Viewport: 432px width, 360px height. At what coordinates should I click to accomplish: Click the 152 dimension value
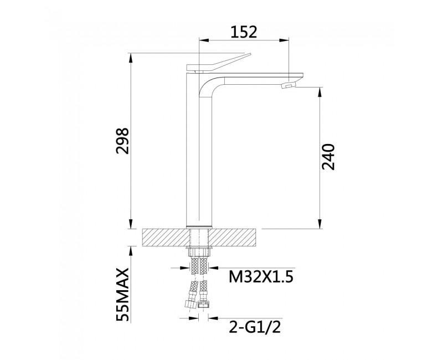tap(243, 32)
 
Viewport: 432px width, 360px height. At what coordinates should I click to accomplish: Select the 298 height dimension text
tap(122, 141)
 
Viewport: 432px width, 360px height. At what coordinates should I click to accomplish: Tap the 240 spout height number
tap(328, 156)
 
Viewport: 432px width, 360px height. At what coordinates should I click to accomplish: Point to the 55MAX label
tap(122, 294)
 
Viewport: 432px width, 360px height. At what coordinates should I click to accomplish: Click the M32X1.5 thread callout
tap(261, 277)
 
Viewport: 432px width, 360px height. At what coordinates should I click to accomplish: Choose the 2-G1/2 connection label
tap(255, 327)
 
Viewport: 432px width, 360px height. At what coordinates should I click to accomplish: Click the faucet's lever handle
tap(219, 63)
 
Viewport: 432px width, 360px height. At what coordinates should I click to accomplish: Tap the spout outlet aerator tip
tap(288, 86)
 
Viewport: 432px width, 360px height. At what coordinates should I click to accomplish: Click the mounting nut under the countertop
tap(199, 251)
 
